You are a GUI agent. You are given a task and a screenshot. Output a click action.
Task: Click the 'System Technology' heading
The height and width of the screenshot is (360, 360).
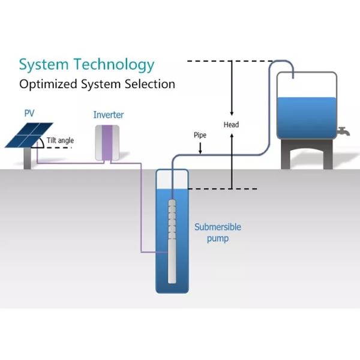tap(86, 65)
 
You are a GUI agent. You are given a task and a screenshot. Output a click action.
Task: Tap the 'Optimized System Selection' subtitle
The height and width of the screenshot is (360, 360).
tap(97, 84)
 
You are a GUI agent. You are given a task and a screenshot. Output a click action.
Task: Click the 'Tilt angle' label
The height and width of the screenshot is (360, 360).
tap(61, 140)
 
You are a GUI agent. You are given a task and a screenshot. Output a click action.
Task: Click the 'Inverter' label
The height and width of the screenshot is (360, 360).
tap(108, 114)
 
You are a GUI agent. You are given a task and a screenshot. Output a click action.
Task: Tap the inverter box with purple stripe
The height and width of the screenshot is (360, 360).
tap(108, 142)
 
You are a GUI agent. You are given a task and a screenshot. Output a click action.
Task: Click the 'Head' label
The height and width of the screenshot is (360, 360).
tap(231, 125)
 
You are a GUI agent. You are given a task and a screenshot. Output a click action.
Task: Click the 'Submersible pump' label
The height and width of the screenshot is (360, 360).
tap(218, 233)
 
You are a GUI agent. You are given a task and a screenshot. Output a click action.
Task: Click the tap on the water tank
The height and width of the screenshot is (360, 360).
tap(343, 131)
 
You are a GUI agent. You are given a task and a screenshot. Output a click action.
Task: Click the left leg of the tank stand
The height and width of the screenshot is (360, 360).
tap(289, 157)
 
